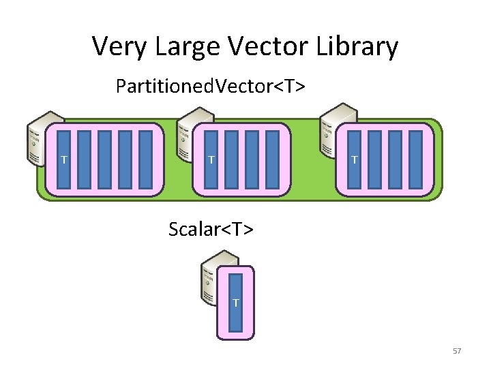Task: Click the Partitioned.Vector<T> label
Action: tap(210, 87)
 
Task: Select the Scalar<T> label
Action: tap(211, 229)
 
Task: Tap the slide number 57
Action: tap(457, 351)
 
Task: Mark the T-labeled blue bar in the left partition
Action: tap(64, 159)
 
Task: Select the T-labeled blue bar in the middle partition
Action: tap(211, 159)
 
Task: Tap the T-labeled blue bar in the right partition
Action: tap(354, 159)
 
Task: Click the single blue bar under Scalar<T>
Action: tap(235, 302)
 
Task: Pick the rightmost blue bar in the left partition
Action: tap(146, 159)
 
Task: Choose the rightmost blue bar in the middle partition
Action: tap(272, 159)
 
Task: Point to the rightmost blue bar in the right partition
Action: tap(415, 159)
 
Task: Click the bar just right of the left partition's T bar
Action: tap(85, 159)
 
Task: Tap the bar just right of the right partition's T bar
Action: tap(374, 159)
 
